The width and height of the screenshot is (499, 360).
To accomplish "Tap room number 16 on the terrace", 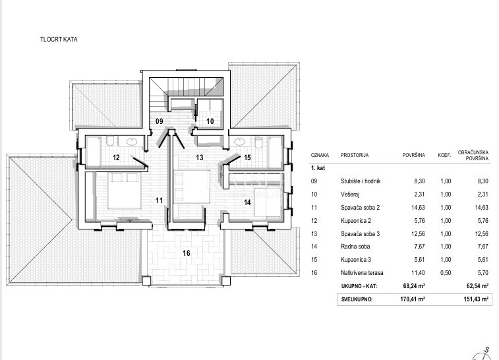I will coord(186,253).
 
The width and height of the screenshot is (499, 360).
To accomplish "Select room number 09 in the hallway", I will coord(160,121).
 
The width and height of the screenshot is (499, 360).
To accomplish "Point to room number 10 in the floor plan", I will coord(210,121).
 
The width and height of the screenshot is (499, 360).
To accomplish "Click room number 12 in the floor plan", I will coord(116,158).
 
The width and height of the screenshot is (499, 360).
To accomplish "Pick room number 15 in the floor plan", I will coord(247,158).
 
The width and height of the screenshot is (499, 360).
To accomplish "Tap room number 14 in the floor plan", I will coord(248,203).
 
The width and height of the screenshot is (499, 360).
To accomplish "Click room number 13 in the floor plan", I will coord(200,158).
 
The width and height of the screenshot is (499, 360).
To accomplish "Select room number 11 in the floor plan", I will coord(159,199).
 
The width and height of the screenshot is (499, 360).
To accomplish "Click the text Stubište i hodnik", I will coord(362,181).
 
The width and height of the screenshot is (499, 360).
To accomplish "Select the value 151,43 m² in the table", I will coord(475,299).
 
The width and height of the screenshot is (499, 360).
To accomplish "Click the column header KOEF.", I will coord(444,156).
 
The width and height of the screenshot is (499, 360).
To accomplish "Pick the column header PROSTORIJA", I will coord(355,156).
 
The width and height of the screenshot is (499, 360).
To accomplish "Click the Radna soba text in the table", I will coord(355,246).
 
